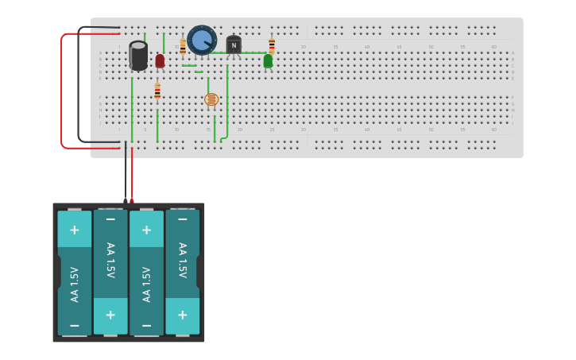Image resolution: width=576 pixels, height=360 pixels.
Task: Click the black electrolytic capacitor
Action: coord(138,56)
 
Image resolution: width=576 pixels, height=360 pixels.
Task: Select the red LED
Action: coord(160,60)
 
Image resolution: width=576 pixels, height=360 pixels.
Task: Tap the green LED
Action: coord(268,60)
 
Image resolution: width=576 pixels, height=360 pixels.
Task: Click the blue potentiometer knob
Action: coord(202,40)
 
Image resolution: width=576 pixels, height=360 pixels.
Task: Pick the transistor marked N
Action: coord(234,46)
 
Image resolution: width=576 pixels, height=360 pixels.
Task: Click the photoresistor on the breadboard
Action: coord(211,99)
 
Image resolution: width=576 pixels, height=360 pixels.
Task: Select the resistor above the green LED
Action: coord(272,45)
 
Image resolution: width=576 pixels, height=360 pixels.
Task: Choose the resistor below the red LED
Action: coord(157,91)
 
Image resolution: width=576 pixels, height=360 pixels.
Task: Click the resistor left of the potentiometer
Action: coord(183,46)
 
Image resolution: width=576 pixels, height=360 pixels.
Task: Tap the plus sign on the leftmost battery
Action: coord(75,230)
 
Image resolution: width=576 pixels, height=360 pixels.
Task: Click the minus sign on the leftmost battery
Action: coord(75,326)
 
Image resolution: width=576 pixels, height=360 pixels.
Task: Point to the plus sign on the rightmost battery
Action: coord(183,315)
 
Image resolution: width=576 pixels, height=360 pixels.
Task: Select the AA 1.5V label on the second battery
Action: coord(110,260)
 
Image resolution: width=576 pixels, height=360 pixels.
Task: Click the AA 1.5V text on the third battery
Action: coord(146,284)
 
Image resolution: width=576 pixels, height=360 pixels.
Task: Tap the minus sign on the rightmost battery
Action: coord(183,219)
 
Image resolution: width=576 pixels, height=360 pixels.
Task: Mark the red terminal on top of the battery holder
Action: coord(132,200)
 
